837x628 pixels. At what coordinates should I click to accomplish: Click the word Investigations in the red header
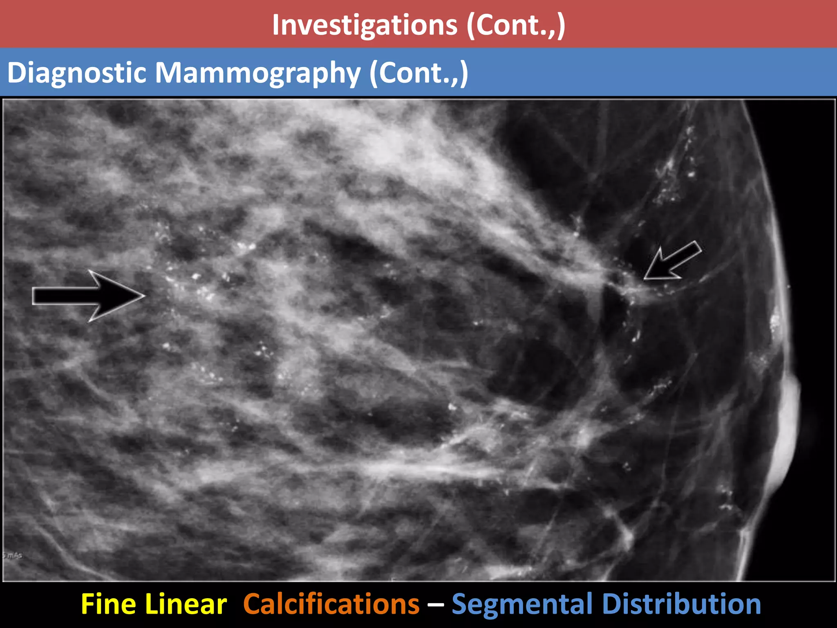[x=365, y=25]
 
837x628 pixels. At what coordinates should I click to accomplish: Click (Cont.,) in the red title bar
[x=516, y=25]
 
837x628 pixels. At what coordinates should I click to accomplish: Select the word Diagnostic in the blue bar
[x=77, y=73]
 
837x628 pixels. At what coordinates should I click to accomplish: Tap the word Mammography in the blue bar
[x=258, y=73]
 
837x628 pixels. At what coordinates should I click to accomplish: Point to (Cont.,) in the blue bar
[x=418, y=73]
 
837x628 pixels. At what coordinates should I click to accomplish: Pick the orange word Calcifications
[x=331, y=604]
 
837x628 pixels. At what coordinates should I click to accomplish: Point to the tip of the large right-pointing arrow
[x=144, y=296]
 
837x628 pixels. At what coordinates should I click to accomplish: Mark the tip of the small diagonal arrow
[x=645, y=279]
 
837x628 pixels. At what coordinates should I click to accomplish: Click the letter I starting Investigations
[x=276, y=25]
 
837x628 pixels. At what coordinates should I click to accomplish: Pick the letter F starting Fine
[x=88, y=604]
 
